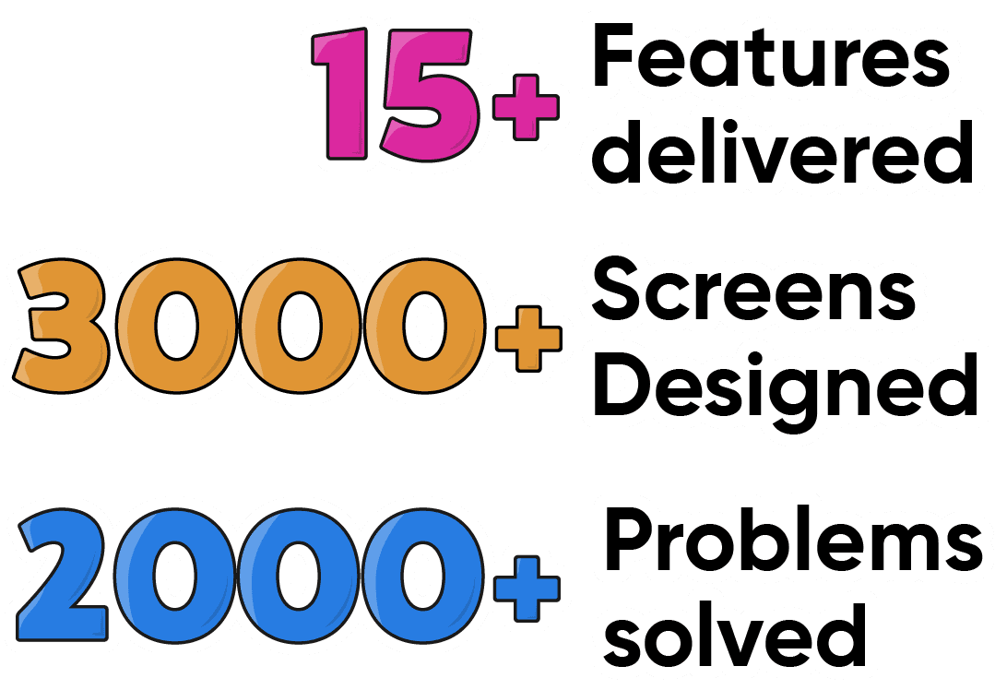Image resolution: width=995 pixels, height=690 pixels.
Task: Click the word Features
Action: [x=770, y=58]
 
